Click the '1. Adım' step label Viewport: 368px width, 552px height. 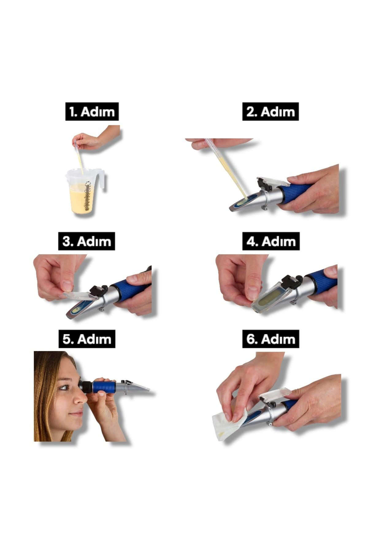92,112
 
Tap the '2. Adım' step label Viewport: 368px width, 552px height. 270,112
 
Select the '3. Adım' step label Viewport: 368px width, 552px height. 87,241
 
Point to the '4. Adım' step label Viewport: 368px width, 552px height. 271,241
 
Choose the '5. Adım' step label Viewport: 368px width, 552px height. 87,339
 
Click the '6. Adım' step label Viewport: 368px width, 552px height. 271,339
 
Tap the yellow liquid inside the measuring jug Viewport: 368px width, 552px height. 81,198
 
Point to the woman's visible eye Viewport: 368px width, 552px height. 63,388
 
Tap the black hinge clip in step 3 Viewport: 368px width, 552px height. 98,291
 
